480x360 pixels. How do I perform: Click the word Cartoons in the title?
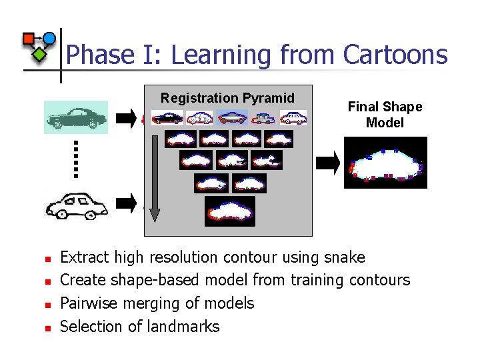click(395, 54)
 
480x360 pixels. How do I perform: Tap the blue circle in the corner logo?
click(49, 38)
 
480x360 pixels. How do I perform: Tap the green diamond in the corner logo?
click(40, 53)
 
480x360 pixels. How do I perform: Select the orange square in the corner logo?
click(29, 39)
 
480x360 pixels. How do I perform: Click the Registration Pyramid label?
click(227, 98)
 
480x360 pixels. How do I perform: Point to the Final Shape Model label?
click(385, 114)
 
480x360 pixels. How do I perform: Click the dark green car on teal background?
click(75, 117)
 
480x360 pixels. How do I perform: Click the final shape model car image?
click(385, 163)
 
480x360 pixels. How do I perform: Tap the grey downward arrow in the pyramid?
click(155, 177)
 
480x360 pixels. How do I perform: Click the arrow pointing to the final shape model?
click(327, 162)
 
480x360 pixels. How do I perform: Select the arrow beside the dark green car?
click(125, 119)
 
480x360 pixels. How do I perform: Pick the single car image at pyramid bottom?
click(229, 209)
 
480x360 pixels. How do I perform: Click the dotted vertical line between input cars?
click(76, 159)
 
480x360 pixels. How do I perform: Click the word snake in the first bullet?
click(344, 257)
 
